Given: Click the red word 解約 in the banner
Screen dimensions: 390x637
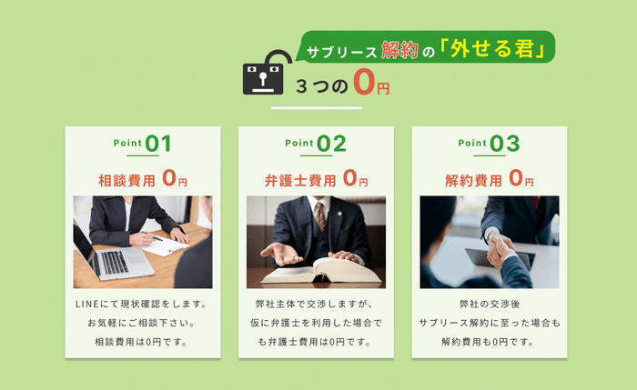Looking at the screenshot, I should click(402, 50).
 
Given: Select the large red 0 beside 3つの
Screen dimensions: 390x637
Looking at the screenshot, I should click(364, 84).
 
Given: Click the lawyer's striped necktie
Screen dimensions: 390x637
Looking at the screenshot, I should click(319, 215).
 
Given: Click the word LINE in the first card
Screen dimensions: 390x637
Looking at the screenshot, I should click(87, 304).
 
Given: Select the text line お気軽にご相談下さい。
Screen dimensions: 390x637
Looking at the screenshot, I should click(142, 323).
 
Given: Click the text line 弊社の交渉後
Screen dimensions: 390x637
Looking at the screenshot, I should click(489, 304).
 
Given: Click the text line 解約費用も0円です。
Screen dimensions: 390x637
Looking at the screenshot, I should click(489, 342).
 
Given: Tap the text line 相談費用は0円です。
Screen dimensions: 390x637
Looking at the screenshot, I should click(142, 342).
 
